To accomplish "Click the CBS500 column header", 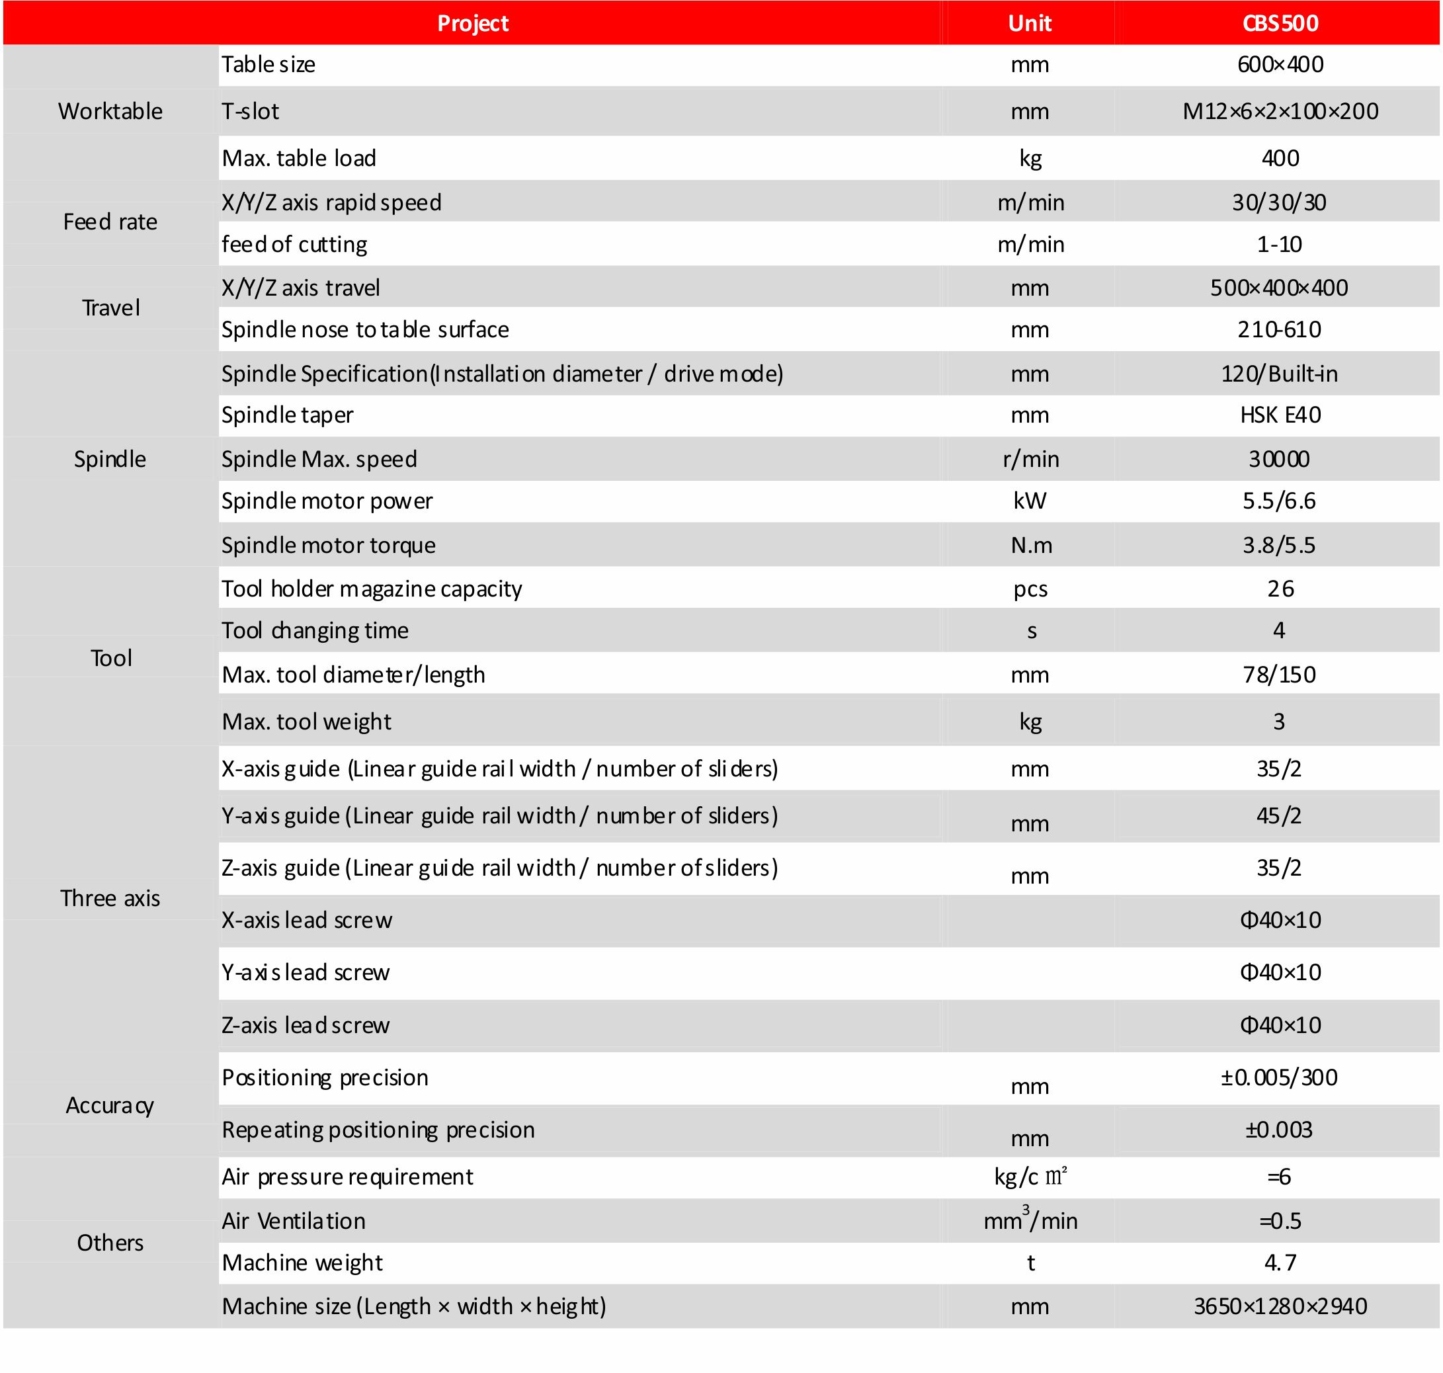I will (x=1280, y=23).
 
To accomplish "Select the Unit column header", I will (x=1030, y=23).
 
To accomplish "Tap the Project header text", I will (x=473, y=23).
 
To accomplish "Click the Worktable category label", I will (x=110, y=111).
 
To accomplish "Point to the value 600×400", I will (x=1280, y=64).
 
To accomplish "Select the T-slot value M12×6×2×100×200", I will (x=1280, y=111).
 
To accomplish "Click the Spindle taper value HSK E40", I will (x=1280, y=415).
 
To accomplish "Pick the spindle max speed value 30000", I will (x=1279, y=459).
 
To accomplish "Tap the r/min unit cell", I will (x=1030, y=459).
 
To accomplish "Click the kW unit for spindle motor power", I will (x=1030, y=501).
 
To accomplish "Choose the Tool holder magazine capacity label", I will (x=372, y=589).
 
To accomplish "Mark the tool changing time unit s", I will (x=1031, y=631).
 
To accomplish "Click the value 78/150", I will (x=1279, y=675).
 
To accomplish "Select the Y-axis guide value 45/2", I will (x=1279, y=815).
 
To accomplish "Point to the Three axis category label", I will (x=110, y=898).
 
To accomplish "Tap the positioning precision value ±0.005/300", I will (x=1279, y=1077).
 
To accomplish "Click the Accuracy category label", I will (x=110, y=1105).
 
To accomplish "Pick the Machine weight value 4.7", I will (x=1280, y=1263).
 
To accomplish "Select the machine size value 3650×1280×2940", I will (x=1280, y=1306).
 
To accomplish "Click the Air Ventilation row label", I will (x=294, y=1221).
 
